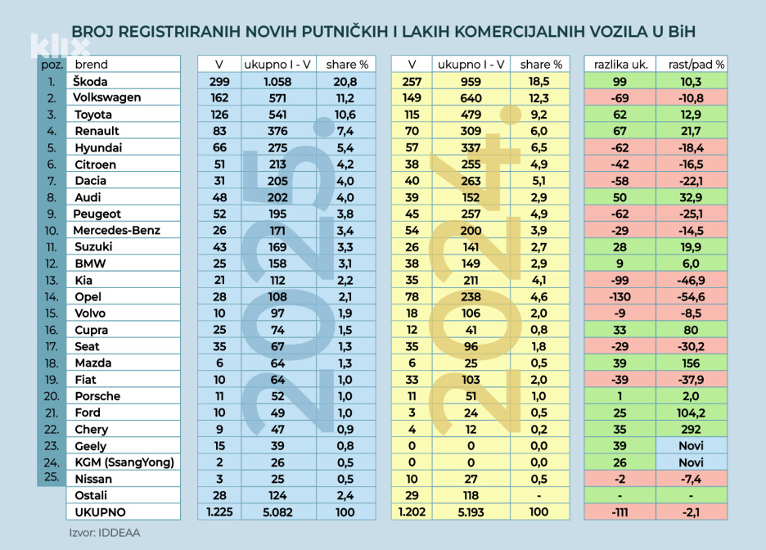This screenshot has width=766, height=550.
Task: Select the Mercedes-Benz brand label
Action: coord(117,230)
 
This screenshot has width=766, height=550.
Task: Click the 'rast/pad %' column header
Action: coord(692,65)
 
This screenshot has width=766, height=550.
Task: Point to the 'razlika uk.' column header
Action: coord(620,65)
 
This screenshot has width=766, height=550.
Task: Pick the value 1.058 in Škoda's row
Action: coord(277,82)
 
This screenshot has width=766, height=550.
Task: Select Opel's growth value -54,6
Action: coord(691,296)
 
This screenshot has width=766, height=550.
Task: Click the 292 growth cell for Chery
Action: coord(691,430)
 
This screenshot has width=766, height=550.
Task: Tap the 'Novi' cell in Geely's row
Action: coord(692,445)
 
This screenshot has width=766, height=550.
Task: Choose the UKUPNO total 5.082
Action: coord(277,512)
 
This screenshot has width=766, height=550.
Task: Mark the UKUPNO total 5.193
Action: coord(471,512)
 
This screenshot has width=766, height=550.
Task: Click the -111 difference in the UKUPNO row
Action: coord(620,512)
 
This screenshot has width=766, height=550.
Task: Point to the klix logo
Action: coord(60,46)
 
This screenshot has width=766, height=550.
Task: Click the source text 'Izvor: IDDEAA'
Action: coord(105,533)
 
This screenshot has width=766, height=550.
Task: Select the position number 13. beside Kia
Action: coord(52,281)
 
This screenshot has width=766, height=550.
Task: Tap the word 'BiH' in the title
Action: coord(681,32)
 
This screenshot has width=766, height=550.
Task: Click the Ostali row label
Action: coord(91,495)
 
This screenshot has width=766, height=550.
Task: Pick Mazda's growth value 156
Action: coord(691,363)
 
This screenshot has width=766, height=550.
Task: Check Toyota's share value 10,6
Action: coord(345,115)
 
